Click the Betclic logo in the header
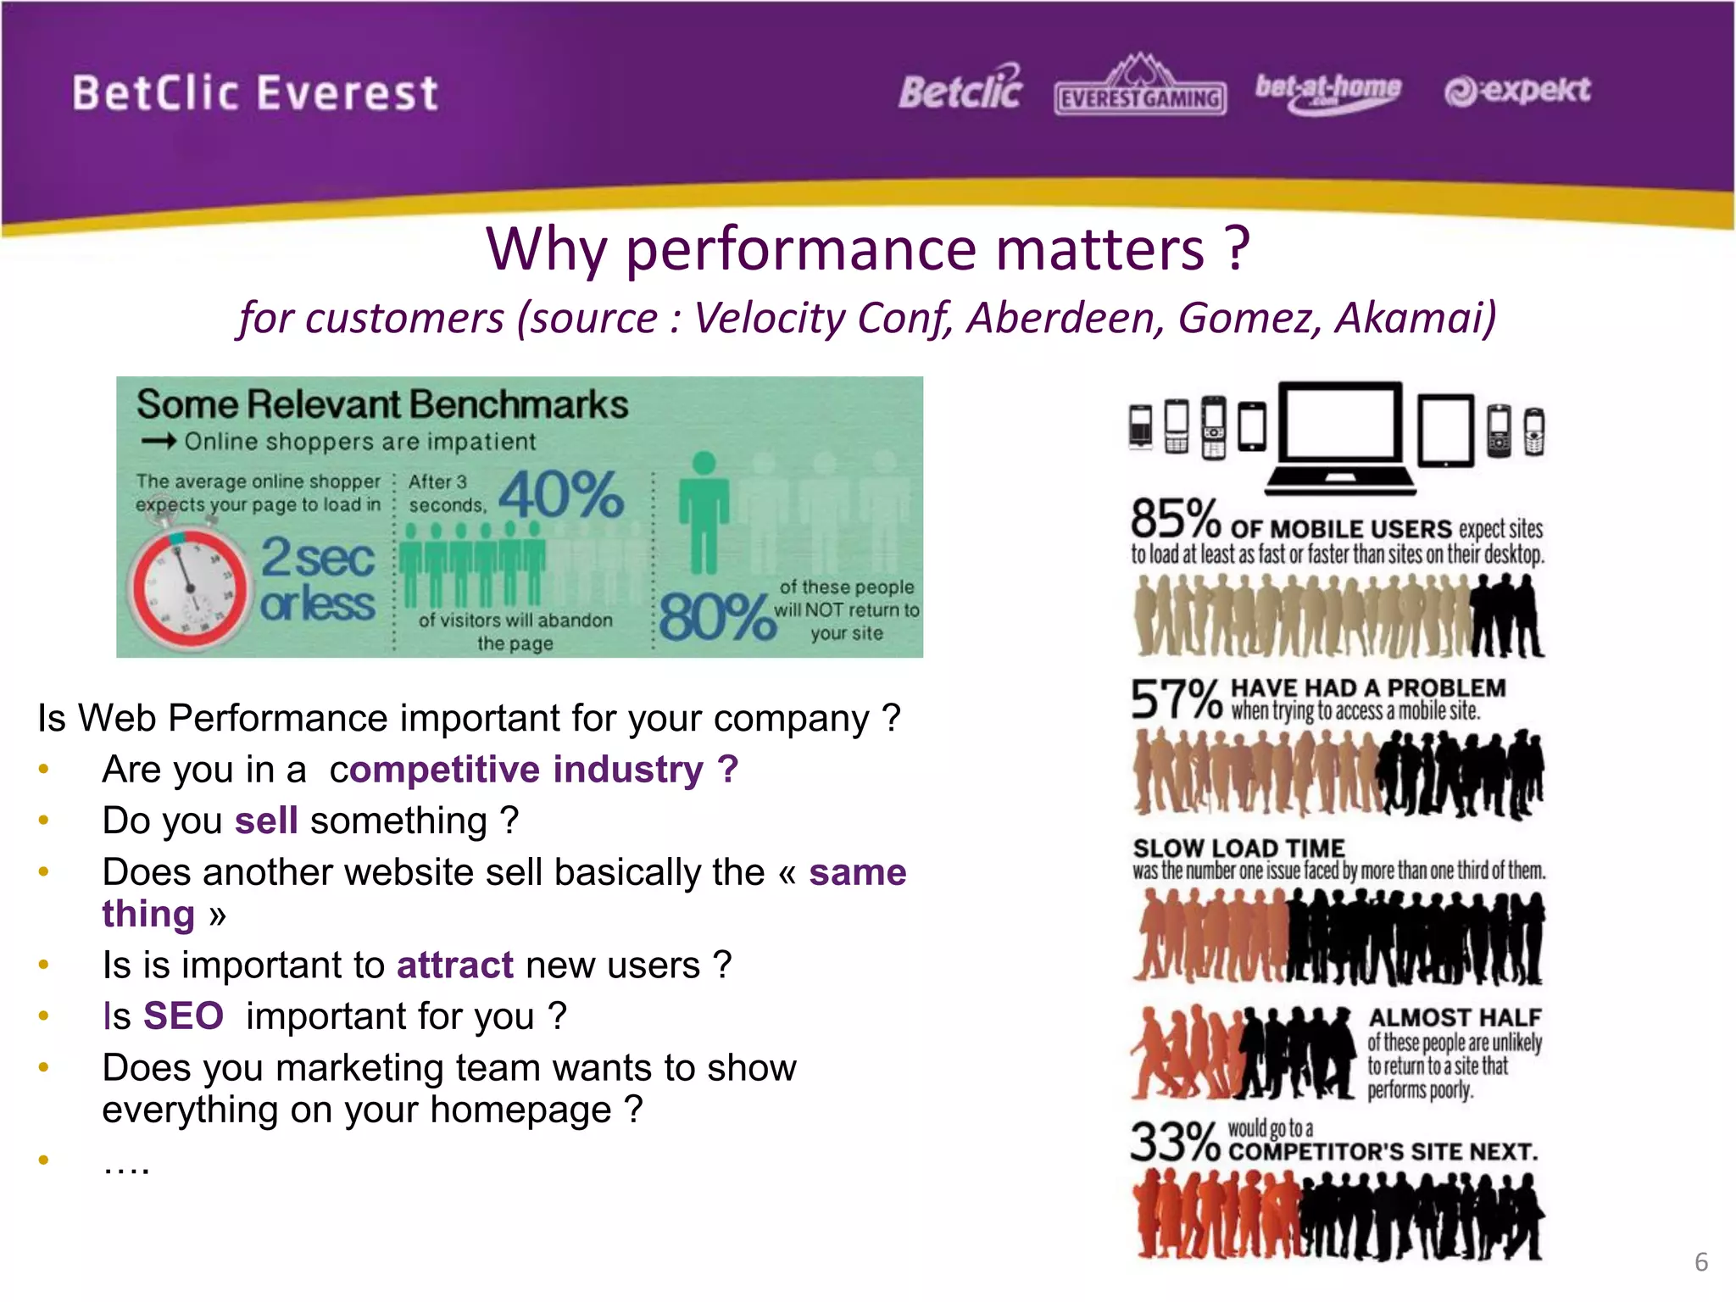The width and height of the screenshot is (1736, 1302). pos(960,89)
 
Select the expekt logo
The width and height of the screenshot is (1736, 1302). pos(1517,90)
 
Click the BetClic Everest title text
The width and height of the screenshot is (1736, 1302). pos(254,93)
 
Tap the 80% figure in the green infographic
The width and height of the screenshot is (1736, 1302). pos(716,616)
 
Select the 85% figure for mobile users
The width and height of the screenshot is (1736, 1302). pos(1175,520)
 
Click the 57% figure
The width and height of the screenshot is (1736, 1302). pos(1177,700)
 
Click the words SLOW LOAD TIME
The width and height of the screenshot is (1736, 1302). pos(1238,848)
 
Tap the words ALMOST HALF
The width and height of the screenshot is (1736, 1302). pos(1455,1017)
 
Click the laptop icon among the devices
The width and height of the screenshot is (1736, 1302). pos(1340,437)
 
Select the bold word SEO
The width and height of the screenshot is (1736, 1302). pos(183,1016)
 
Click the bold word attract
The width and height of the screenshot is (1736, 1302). pos(454,965)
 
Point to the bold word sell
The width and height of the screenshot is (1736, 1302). pos(266,821)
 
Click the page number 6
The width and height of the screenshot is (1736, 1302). pos(1700,1261)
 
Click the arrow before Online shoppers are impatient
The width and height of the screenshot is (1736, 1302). pos(159,441)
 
